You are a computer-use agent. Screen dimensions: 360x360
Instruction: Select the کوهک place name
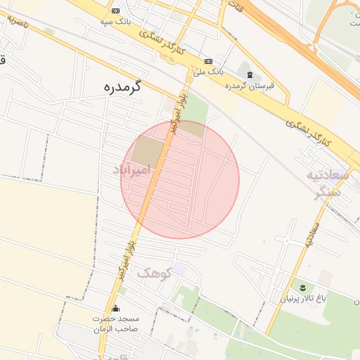pos(154,273)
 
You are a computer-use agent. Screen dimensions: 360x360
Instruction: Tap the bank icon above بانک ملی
pos(208,60)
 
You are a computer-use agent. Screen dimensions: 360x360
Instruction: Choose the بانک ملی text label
pos(208,72)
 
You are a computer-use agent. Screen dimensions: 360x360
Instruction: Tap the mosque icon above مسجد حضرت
pos(116,308)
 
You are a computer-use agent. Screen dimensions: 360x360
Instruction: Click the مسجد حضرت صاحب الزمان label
pos(116,323)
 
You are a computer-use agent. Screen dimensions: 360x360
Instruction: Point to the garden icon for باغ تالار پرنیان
pos(303,288)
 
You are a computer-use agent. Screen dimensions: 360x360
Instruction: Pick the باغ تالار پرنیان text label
pos(304,299)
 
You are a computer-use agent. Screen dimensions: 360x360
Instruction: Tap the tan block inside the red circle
pos(147,150)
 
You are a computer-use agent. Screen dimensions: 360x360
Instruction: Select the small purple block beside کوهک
pos(180,269)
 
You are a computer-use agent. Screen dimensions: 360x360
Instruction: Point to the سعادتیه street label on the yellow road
pos(311,236)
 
